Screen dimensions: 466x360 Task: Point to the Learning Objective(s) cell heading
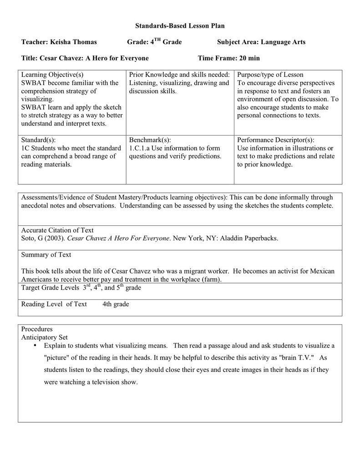pos(53,75)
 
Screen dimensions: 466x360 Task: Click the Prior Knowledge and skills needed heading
pos(179,75)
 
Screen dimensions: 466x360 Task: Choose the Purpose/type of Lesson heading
pos(270,75)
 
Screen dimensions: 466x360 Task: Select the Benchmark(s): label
pos(150,140)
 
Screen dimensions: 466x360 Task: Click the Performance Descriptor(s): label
pos(275,140)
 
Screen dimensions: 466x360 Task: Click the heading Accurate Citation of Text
pos(57,230)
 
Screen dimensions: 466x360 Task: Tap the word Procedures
pos(37,329)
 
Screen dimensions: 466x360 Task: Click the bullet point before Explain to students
pos(35,346)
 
